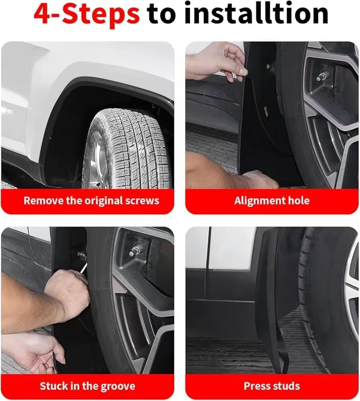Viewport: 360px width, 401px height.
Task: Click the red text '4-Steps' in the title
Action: tap(87, 14)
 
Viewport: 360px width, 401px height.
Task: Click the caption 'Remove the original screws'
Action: tap(91, 200)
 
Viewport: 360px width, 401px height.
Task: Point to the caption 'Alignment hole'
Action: tap(272, 201)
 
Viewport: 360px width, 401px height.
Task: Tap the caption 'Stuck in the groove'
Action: tap(87, 386)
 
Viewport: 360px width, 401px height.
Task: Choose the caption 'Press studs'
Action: tap(272, 386)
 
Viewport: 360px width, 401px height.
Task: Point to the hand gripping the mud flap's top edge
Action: tap(217, 61)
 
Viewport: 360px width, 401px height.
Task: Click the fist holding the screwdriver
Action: tap(67, 294)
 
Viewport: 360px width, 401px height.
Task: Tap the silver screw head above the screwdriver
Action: tap(82, 255)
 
